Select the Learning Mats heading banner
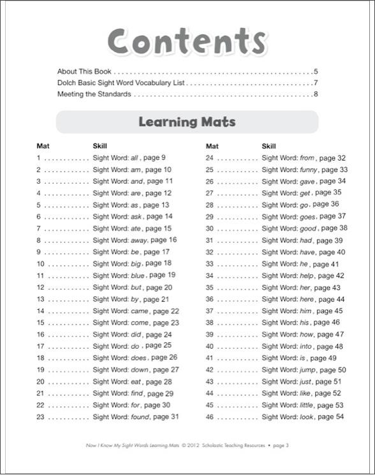pyautogui.click(x=187, y=121)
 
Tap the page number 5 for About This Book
pyautogui.click(x=316, y=71)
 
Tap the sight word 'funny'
pyautogui.click(x=309, y=170)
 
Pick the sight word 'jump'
pyautogui.click(x=308, y=370)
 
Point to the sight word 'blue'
pyautogui.click(x=138, y=275)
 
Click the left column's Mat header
pyautogui.click(x=43, y=146)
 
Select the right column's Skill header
pyautogui.click(x=269, y=146)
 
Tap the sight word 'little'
pyautogui.click(x=307, y=405)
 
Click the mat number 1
pyautogui.click(x=39, y=157)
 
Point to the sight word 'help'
pyautogui.click(x=307, y=275)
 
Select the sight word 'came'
pyautogui.click(x=139, y=311)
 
